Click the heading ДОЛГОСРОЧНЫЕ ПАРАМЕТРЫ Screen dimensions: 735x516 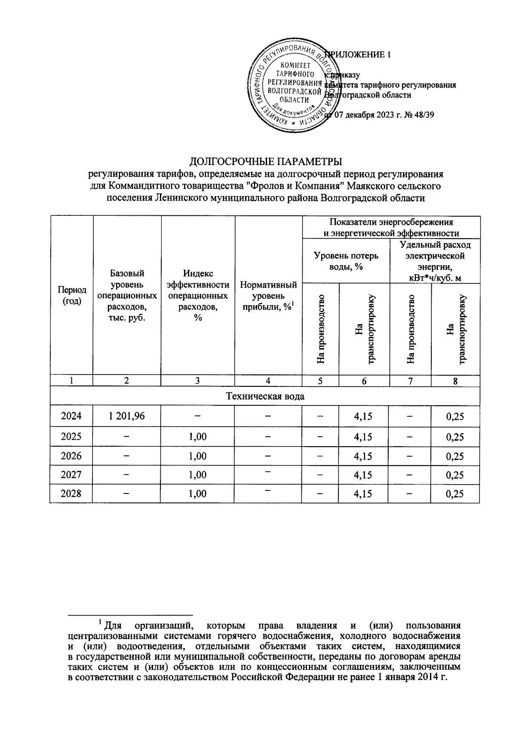[266, 162]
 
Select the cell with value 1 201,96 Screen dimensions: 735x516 [127, 416]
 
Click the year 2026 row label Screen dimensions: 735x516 [71, 456]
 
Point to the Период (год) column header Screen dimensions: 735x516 [72, 295]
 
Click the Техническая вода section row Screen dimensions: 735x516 [265, 396]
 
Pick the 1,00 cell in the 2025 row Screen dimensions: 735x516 [198, 437]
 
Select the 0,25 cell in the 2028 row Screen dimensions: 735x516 [455, 493]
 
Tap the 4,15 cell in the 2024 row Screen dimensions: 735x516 [363, 416]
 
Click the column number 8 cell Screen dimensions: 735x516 [455, 380]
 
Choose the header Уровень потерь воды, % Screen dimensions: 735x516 [346, 261]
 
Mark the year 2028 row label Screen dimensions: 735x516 [71, 493]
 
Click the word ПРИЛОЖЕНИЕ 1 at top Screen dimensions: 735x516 [359, 55]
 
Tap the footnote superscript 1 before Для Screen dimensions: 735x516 [100, 622]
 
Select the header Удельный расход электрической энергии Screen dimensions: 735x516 [435, 261]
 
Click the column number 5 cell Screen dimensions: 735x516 [321, 380]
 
